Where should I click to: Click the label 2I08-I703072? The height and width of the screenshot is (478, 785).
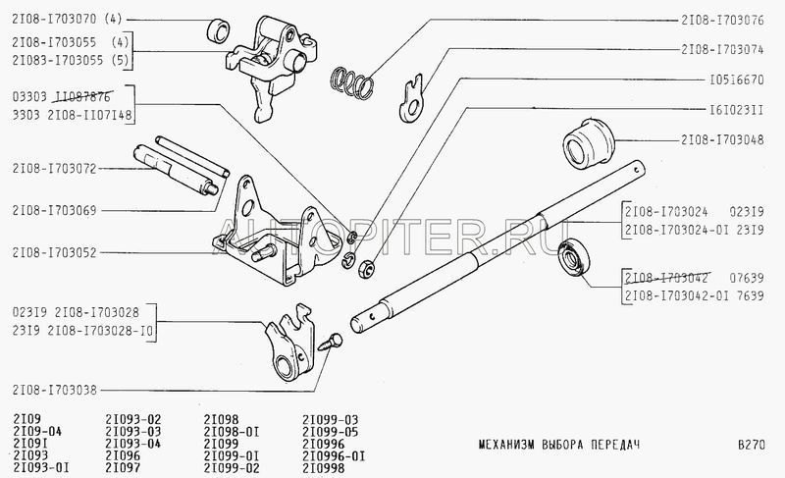[56, 168]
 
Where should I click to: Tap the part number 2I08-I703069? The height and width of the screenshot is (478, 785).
[56, 209]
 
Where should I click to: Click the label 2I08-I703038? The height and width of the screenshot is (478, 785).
[56, 390]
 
